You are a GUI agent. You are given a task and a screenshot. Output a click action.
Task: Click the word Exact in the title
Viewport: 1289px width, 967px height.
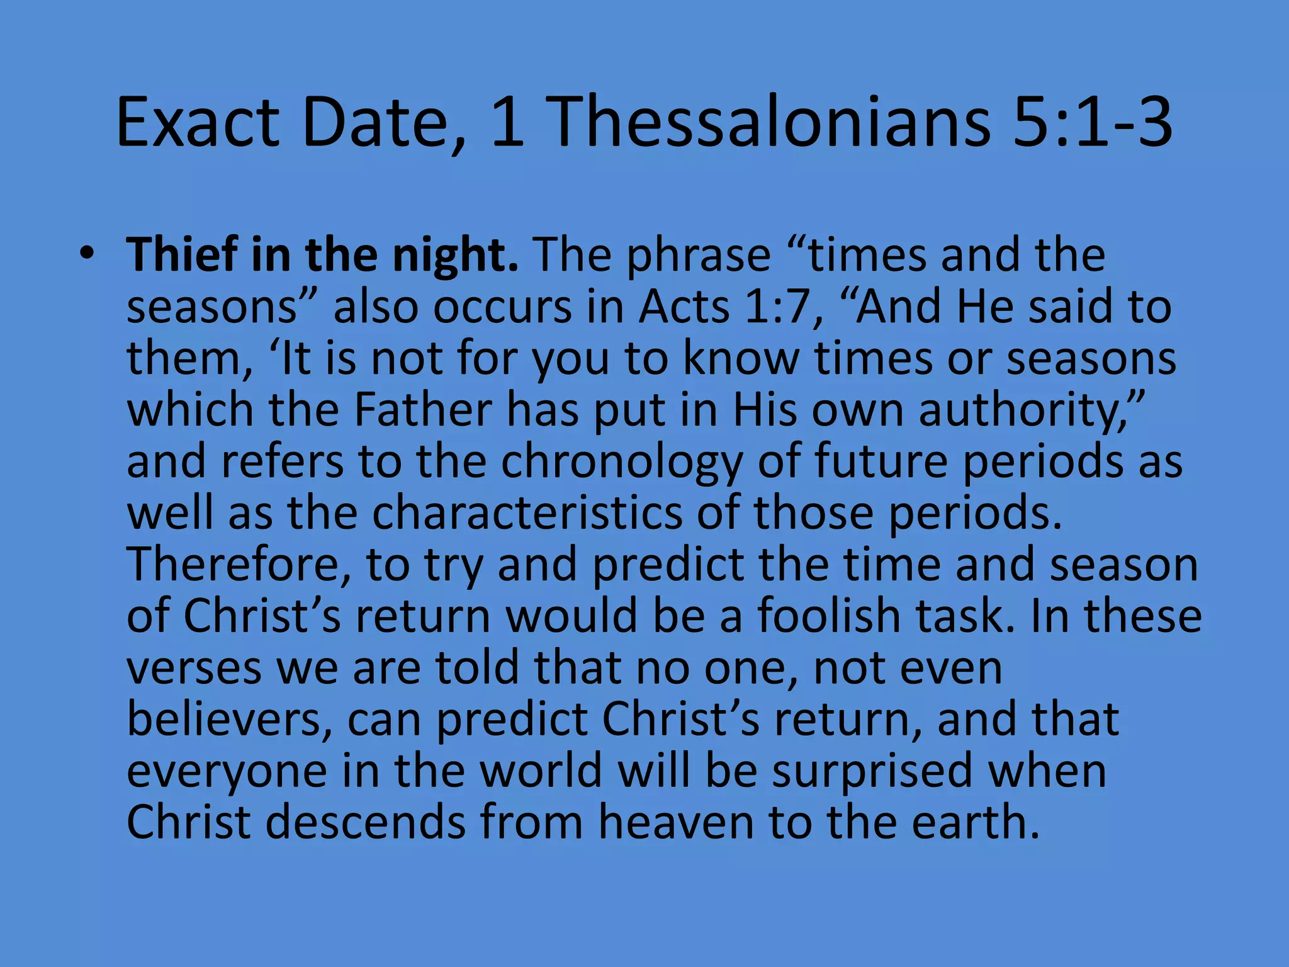point(198,123)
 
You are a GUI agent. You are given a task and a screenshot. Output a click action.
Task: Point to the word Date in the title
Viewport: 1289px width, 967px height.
point(385,123)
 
